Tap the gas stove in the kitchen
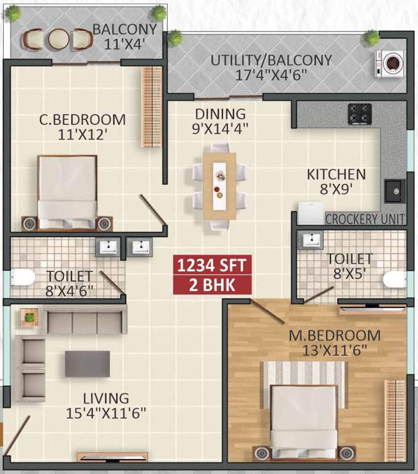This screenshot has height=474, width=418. click(359, 114)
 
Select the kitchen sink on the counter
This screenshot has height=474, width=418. click(393, 191)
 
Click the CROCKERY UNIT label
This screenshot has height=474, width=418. click(364, 219)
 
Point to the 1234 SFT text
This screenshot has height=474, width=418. click(211, 265)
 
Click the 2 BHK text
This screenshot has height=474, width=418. click(211, 285)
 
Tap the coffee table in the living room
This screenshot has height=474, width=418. click(88, 364)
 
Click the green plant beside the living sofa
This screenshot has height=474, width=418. click(29, 318)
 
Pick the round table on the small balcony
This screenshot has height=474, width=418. click(58, 39)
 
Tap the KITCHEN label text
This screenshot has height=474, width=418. click(336, 175)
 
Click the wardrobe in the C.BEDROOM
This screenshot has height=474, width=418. click(151, 107)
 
